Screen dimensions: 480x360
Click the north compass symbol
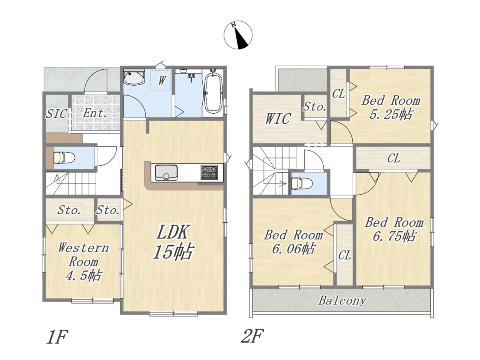(238, 35)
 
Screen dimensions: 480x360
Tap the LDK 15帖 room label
(173, 242)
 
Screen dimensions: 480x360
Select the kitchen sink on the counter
(166, 173)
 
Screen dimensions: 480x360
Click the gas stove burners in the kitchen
(209, 172)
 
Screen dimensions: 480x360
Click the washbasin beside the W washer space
(134, 77)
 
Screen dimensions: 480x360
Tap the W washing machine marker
(162, 81)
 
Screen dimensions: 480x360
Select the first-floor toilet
(64, 158)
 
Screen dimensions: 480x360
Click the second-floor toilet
(302, 184)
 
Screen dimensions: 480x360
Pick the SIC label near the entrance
(56, 114)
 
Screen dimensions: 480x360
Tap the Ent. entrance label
(95, 113)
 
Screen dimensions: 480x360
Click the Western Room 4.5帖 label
(83, 262)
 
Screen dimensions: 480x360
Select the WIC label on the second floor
(278, 119)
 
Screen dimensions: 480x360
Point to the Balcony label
(342, 301)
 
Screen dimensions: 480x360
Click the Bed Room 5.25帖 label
(391, 107)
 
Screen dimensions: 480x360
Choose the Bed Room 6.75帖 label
(394, 229)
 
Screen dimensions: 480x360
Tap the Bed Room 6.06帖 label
(293, 242)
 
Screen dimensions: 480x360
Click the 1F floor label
(57, 337)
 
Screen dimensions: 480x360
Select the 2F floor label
(252, 336)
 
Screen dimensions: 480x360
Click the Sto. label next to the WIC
(314, 107)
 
